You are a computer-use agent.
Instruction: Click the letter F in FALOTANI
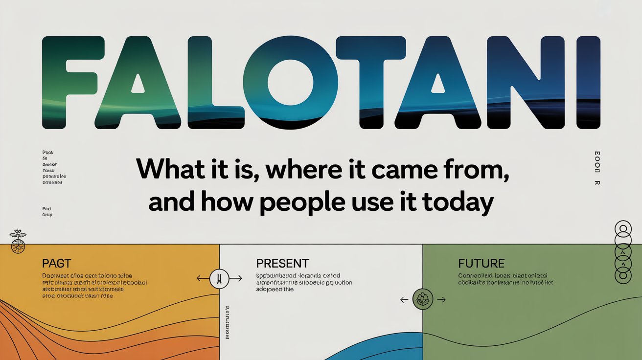(x=71, y=82)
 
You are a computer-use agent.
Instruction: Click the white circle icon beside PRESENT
(x=219, y=279)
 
